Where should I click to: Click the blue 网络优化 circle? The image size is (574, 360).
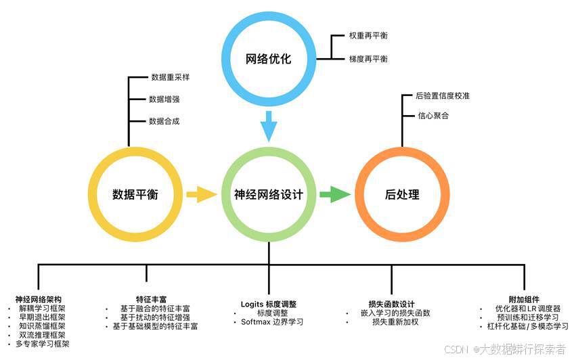click(x=269, y=59)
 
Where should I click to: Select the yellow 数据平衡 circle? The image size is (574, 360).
click(x=135, y=195)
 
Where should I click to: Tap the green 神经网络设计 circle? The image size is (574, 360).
click(x=269, y=195)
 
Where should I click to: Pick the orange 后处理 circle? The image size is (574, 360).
click(x=402, y=195)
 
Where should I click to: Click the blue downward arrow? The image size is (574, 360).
click(x=269, y=125)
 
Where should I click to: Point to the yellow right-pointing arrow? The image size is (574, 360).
click(x=202, y=195)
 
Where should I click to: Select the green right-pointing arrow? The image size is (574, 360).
click(x=335, y=195)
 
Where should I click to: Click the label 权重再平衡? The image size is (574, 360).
click(x=368, y=35)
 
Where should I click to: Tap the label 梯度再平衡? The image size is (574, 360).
click(x=368, y=60)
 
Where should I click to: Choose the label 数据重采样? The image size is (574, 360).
click(x=171, y=77)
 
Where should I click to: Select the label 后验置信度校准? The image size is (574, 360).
click(x=443, y=96)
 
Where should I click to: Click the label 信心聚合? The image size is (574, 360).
click(x=434, y=116)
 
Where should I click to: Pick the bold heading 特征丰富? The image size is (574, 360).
click(x=147, y=298)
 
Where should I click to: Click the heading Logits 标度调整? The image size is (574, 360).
click(x=269, y=304)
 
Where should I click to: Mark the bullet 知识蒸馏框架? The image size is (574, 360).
click(x=42, y=325)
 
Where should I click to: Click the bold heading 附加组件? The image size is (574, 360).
click(x=525, y=298)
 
